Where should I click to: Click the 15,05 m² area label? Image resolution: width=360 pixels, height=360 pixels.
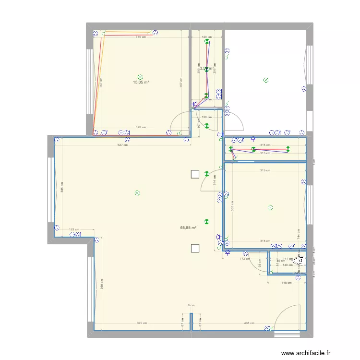[x=141, y=82]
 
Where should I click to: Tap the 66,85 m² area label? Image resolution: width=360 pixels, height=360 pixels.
[x=189, y=228]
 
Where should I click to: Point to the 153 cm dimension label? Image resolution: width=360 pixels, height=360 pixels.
[x=74, y=230]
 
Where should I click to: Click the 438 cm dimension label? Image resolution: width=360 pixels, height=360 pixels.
[x=249, y=323]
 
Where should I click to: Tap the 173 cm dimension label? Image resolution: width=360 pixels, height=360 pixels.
[x=245, y=259]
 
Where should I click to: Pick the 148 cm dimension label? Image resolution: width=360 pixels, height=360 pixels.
[x=287, y=282]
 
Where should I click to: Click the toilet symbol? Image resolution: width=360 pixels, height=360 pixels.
[x=300, y=260]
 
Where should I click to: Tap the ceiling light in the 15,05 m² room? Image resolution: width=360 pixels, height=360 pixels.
[x=140, y=76]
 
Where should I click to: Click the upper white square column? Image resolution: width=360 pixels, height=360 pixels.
[x=194, y=175]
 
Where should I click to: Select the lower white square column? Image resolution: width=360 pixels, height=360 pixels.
[x=194, y=248]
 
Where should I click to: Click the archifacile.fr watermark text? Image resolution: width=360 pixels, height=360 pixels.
[x=306, y=353]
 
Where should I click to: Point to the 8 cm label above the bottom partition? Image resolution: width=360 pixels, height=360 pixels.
[x=191, y=305]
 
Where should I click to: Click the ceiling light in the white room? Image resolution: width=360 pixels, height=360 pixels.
[x=265, y=81]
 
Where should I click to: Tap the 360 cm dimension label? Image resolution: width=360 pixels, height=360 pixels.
[x=102, y=284]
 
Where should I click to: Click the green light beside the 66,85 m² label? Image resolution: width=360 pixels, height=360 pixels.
[x=206, y=221]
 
